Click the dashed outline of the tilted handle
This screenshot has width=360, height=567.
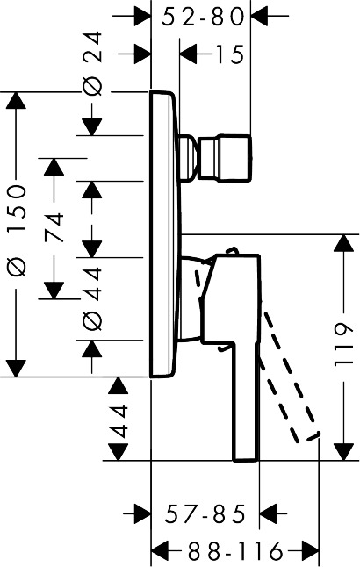coord(294,386)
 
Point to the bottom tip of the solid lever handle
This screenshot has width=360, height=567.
coord(245,456)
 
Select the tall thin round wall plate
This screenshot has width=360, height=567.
coord(166,233)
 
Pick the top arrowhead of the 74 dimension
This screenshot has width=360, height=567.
coord(54,168)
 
